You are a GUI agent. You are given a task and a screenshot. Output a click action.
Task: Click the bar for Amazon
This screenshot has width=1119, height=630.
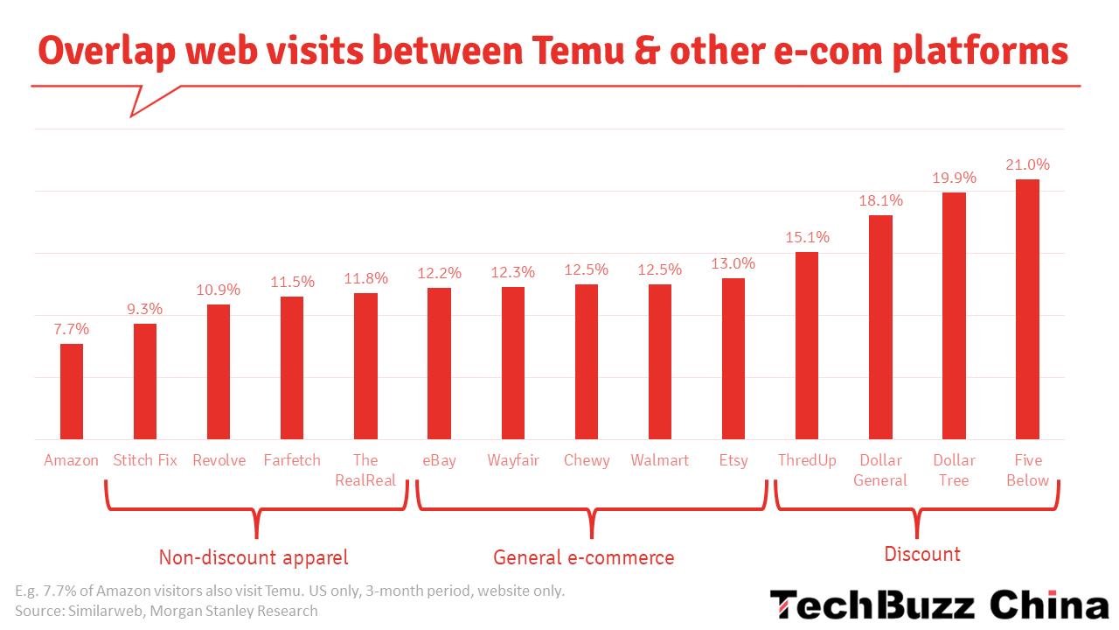(72, 391)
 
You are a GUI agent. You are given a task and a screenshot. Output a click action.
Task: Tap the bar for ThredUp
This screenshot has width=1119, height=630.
(807, 346)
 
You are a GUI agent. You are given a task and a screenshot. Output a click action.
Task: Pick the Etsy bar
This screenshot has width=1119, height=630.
(733, 359)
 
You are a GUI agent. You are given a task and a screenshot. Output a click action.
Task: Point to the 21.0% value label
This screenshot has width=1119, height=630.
(1027, 164)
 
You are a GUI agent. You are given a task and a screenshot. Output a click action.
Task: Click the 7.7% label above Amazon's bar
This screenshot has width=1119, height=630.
(72, 329)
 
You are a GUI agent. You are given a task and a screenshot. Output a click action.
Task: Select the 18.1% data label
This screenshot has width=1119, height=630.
(880, 200)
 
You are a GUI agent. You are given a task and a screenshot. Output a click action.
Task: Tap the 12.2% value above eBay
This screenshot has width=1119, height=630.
(439, 273)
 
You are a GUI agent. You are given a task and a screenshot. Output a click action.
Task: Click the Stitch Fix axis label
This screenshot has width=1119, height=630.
(145, 460)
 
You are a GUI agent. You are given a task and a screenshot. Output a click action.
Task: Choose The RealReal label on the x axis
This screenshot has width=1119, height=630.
(365, 470)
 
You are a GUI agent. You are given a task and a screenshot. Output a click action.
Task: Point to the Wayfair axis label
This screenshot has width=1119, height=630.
(512, 460)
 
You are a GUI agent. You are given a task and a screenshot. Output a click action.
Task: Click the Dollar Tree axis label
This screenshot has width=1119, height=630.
(954, 470)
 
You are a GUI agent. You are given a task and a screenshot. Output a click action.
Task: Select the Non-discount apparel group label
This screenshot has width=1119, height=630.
(254, 557)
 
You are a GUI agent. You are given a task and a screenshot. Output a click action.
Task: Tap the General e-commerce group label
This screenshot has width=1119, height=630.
(584, 557)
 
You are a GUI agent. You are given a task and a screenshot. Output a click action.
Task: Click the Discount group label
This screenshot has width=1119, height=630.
(922, 554)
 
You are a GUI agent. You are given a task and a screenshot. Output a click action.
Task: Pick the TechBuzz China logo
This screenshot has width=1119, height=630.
(939, 605)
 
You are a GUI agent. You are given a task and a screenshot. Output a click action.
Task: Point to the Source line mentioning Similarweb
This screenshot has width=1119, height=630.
(166, 611)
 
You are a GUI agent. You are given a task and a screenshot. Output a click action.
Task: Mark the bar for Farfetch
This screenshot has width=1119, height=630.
(292, 367)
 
